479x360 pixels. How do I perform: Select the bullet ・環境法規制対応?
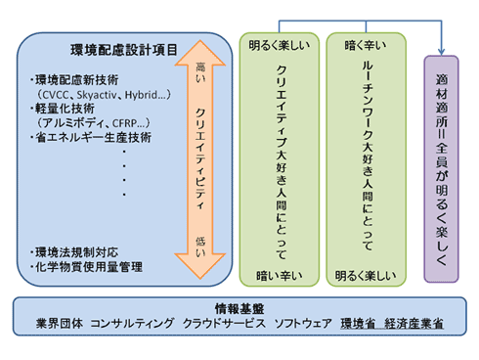[74, 251]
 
